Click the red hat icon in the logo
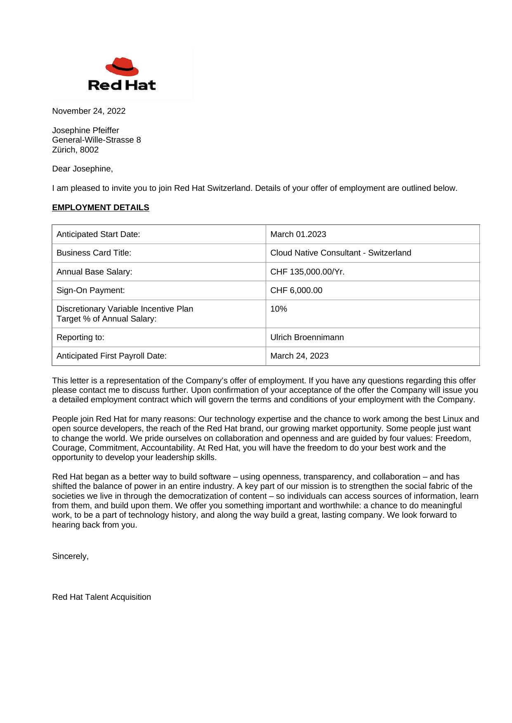pyautogui.click(x=122, y=67)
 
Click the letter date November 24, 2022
pyautogui.click(x=89, y=111)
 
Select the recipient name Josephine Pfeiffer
pyautogui.click(x=85, y=130)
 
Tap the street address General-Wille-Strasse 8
pyautogui.click(x=96, y=140)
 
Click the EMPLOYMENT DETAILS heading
pyautogui.click(x=100, y=207)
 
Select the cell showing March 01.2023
pyautogui.click(x=298, y=234)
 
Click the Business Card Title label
pyautogui.click(x=94, y=253)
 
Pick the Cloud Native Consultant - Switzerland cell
pyautogui.click(x=340, y=253)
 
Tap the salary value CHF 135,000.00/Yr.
pyautogui.click(x=307, y=272)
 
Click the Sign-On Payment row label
pyautogui.click(x=90, y=290)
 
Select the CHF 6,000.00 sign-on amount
pyautogui.click(x=296, y=290)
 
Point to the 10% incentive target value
pyautogui.click(x=278, y=309)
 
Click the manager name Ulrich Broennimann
pyautogui.click(x=307, y=337)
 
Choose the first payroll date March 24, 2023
pyautogui.click(x=299, y=356)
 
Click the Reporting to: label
pyautogui.click(x=80, y=337)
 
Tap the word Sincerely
pyautogui.click(x=70, y=556)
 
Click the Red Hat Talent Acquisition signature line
pyautogui.click(x=101, y=597)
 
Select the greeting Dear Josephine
pyautogui.click(x=82, y=169)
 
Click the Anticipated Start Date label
pyautogui.click(x=98, y=234)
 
